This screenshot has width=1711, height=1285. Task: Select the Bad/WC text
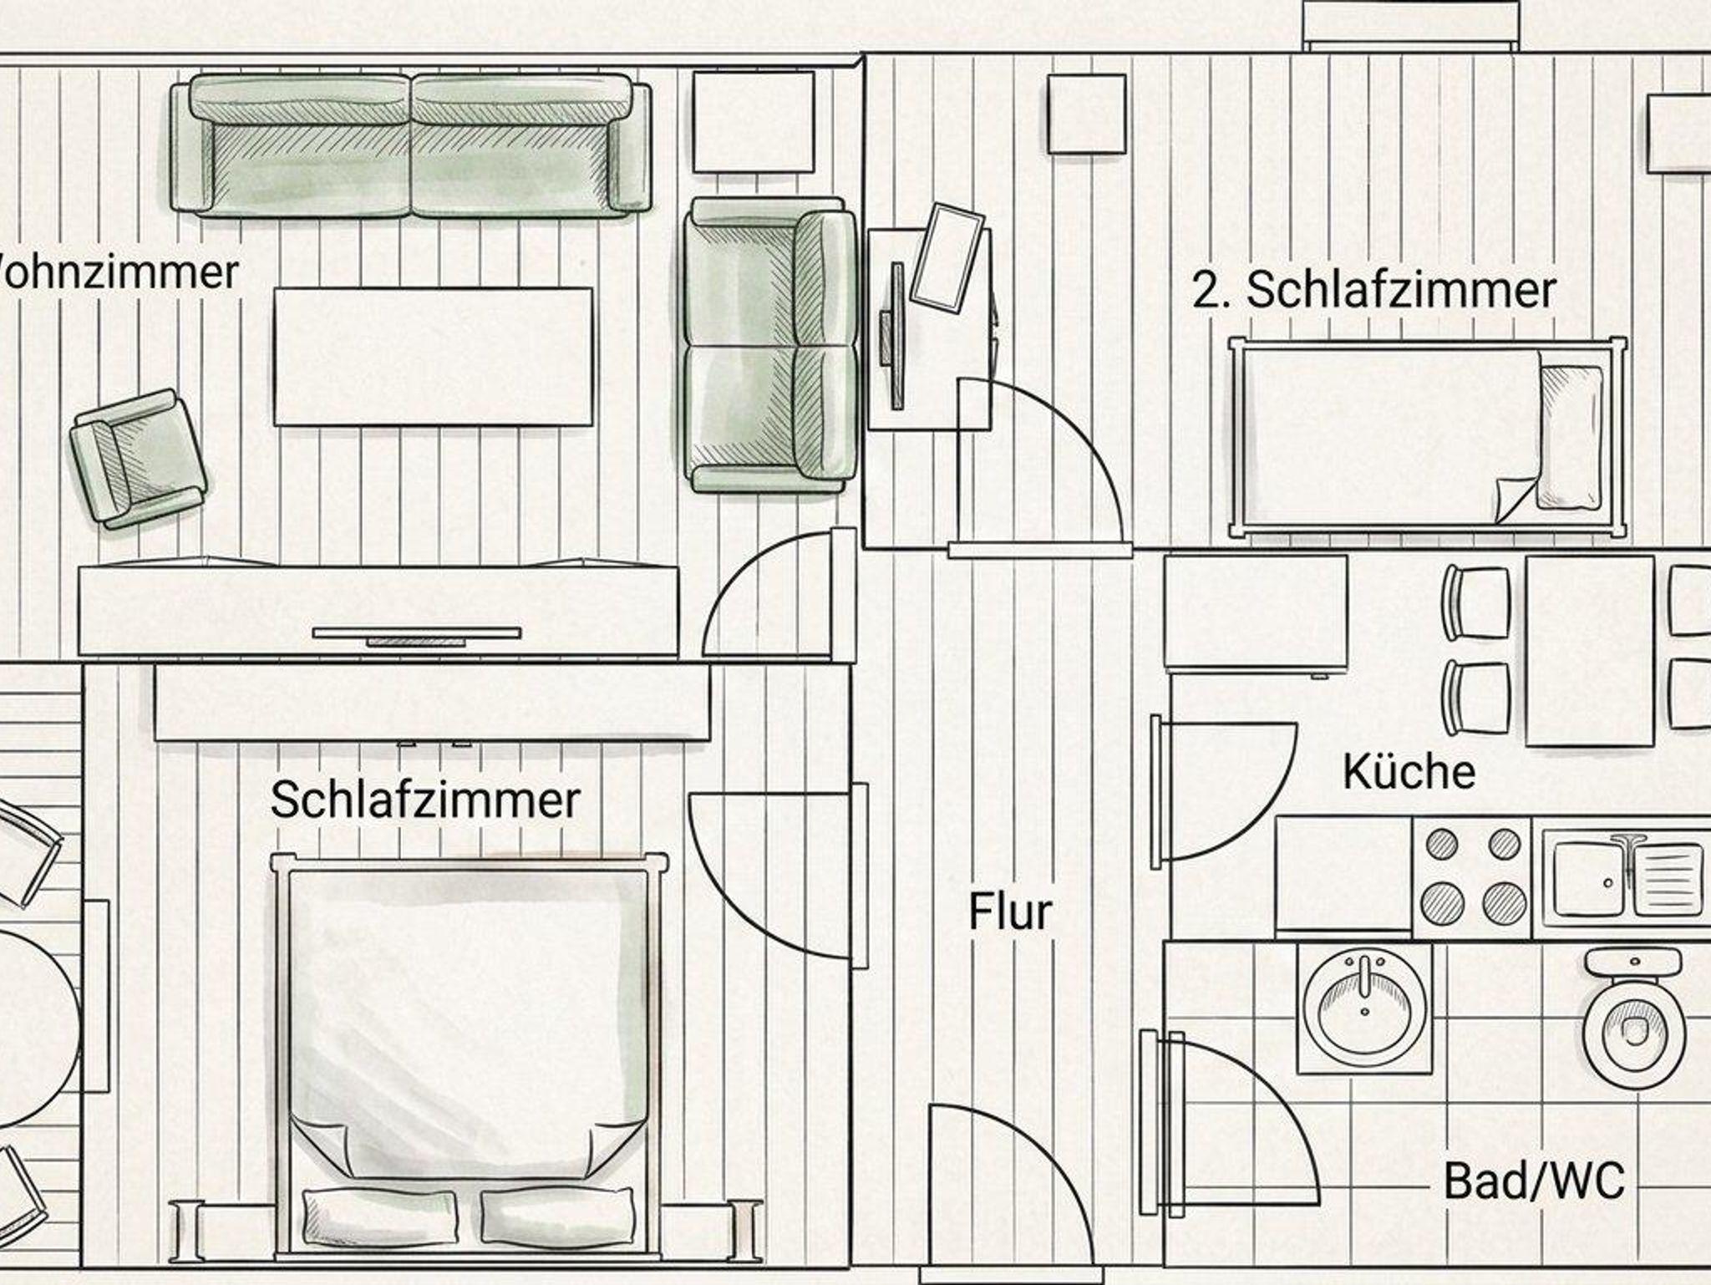(1534, 1181)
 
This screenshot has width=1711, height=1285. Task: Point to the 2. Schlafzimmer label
(1373, 290)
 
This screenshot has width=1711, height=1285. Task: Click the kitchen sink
(1624, 879)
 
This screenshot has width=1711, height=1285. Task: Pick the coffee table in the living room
(433, 357)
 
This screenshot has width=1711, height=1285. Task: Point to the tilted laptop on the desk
(947, 256)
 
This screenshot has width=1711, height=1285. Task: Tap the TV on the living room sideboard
(416, 634)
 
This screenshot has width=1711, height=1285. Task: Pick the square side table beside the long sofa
(754, 122)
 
